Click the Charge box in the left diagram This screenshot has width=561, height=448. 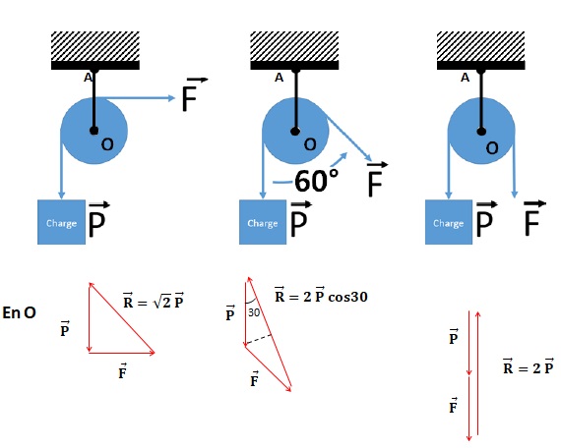click(x=62, y=222)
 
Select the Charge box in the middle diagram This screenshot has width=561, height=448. click(x=263, y=222)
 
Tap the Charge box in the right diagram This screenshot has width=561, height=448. click(x=449, y=222)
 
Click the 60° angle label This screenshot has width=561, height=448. click(x=316, y=181)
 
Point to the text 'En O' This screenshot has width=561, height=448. click(x=19, y=312)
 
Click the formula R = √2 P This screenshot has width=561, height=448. click(x=154, y=301)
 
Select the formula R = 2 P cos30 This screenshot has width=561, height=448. click(x=321, y=295)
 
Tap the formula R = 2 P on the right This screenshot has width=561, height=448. click(x=529, y=366)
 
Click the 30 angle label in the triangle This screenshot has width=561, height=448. click(x=254, y=312)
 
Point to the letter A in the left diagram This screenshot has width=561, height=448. click(x=88, y=78)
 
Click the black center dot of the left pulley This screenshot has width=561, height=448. click(x=94, y=131)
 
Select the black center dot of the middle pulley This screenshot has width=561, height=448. click(x=295, y=131)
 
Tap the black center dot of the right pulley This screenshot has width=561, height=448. click(x=481, y=132)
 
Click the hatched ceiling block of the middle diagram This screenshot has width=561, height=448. click(x=294, y=46)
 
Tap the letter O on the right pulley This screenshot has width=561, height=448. click(x=492, y=148)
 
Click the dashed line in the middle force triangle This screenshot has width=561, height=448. click(x=258, y=340)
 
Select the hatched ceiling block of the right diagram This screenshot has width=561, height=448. click(x=481, y=46)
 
